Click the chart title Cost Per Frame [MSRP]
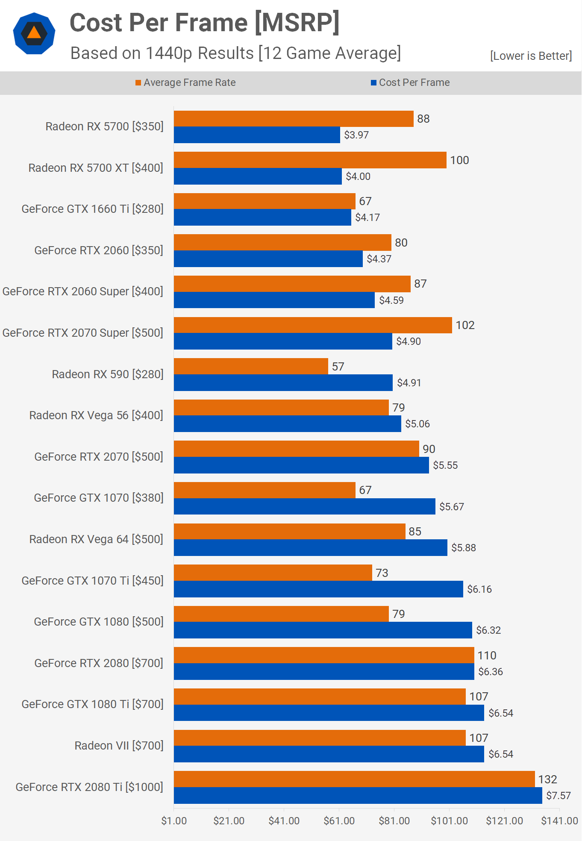pos(204,23)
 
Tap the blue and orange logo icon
pos(34,33)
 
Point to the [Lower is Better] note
pos(531,56)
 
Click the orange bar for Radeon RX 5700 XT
pos(310,160)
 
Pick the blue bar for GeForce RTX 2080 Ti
pos(358,796)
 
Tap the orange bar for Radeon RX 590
pos(251,366)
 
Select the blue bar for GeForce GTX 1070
pos(304,506)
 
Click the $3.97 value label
pos(356,135)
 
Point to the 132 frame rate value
pos(547,779)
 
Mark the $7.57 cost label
pos(558,796)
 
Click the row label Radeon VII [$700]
pos(119,746)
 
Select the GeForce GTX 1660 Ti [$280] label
pos(92,209)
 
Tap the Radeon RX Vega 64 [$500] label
pos(96,539)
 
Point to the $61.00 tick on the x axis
pos(339,821)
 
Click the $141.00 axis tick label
pos(559,821)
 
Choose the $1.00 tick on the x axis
pos(174,821)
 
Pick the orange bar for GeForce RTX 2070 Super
pos(313,325)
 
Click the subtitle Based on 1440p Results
pos(235,53)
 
